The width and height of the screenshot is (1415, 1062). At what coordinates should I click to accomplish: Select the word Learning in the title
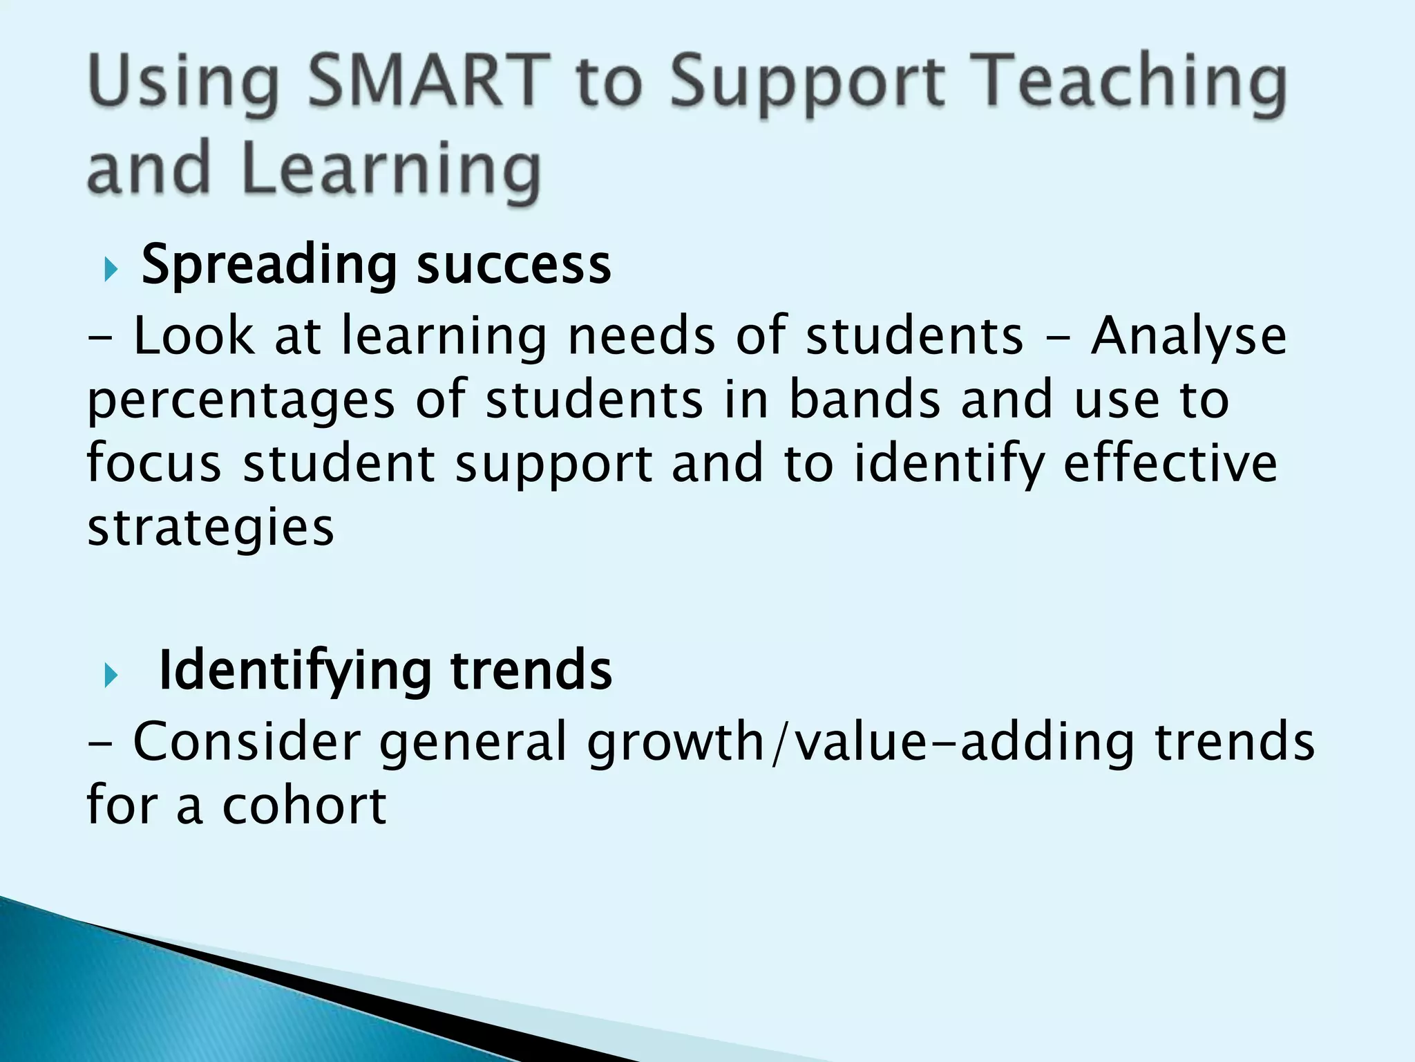(x=391, y=169)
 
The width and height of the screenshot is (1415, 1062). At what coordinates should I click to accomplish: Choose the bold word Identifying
(x=296, y=671)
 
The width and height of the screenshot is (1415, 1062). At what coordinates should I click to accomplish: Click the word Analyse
(x=1188, y=337)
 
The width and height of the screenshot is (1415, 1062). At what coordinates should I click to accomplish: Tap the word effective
(x=1170, y=463)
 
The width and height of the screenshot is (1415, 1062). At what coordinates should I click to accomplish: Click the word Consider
(x=247, y=741)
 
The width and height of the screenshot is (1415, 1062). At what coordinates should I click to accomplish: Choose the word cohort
(x=303, y=805)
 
